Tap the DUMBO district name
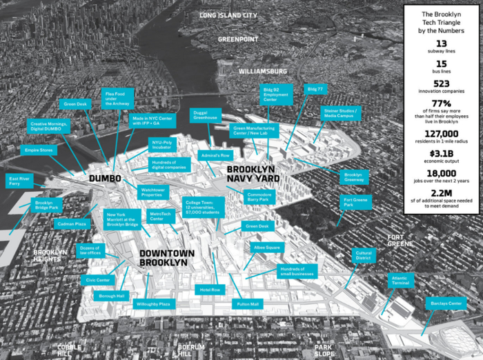point(105,179)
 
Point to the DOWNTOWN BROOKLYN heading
point(167,258)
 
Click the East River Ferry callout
point(19,181)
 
